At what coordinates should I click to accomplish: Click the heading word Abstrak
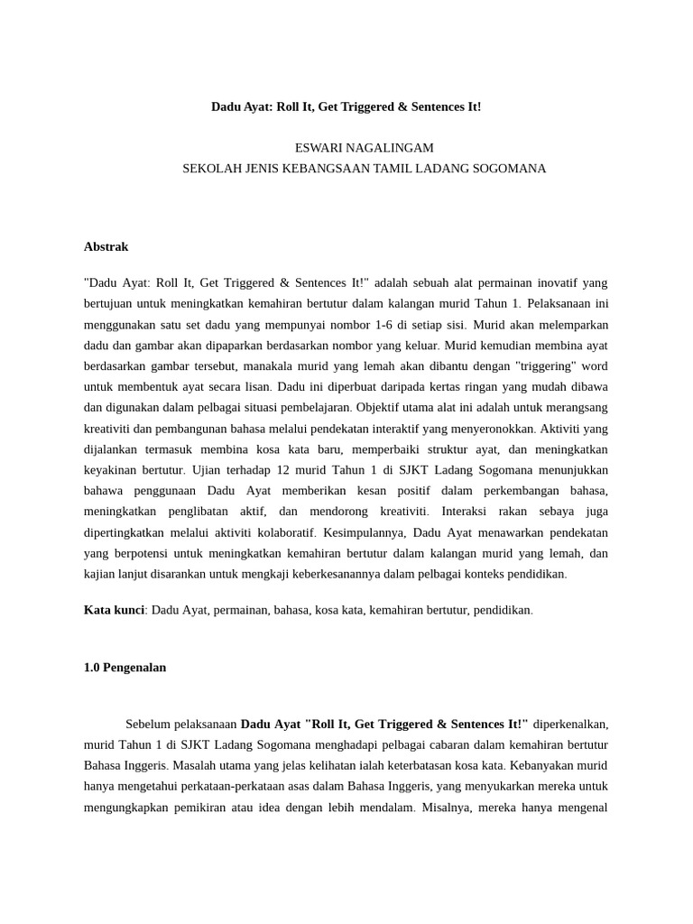point(106,246)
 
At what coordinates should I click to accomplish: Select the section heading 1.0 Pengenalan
point(125,668)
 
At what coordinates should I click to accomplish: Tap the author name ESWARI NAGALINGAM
point(365,148)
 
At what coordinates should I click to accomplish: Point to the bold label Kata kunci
point(114,610)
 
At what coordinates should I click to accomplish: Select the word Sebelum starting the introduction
point(147,724)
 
